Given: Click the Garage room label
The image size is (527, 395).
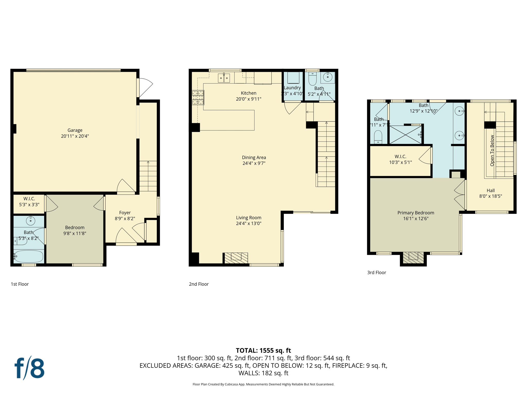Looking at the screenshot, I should click(75, 130).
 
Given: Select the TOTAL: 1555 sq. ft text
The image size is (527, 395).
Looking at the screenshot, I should click(263, 351).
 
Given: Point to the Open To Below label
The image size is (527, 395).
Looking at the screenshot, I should click(492, 150).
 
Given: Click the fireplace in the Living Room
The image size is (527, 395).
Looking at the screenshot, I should click(236, 258).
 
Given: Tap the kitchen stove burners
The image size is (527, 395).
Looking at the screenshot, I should click(198, 97).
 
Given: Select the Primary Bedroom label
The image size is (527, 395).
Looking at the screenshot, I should click(416, 213).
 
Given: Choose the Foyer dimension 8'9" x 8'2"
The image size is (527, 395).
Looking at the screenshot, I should click(125, 219).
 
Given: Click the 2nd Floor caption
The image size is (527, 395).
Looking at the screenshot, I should click(199, 284).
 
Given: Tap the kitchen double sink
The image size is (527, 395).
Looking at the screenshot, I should click(224, 78).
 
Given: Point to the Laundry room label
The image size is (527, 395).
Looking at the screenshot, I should click(292, 88).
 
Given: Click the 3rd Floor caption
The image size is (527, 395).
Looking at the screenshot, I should click(376, 273).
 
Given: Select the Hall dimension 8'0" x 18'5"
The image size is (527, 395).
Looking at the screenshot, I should click(490, 196).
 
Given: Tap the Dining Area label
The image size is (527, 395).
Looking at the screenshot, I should click(254, 157).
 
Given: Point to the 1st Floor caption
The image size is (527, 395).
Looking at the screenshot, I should click(20, 284).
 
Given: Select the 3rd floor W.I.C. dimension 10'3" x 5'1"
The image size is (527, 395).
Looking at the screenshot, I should click(400, 162).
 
